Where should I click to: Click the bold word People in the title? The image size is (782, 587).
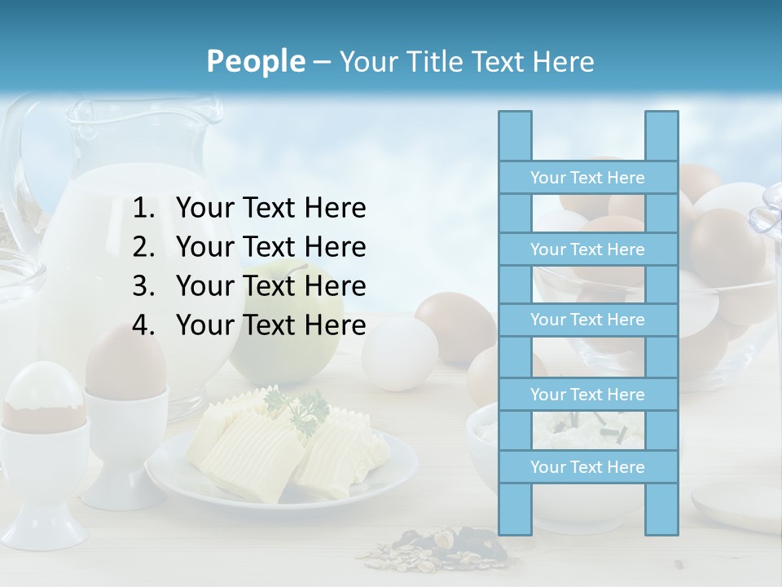click(x=255, y=61)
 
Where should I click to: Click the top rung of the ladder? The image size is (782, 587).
click(x=587, y=178)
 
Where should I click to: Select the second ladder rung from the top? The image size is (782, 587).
click(x=587, y=249)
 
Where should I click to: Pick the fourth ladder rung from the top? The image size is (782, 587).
click(x=587, y=395)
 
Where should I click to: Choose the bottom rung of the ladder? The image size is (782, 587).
click(x=587, y=467)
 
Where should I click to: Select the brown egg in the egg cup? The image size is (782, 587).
click(x=126, y=363)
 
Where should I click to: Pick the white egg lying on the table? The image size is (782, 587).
click(x=399, y=355)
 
